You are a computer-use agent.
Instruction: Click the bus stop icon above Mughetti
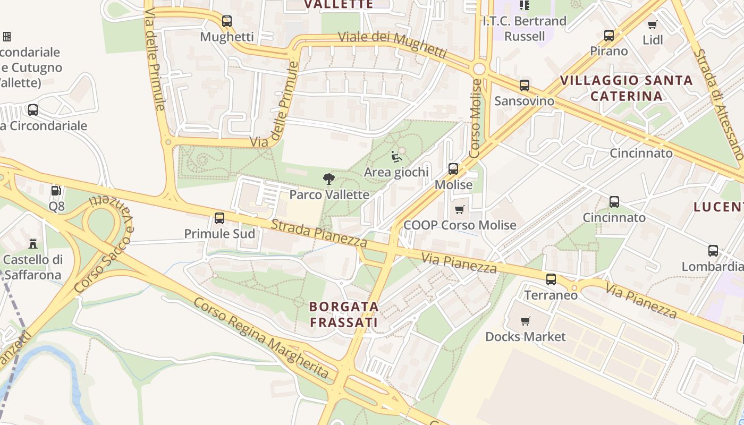tap(227, 21)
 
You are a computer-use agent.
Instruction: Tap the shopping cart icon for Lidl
tap(653, 24)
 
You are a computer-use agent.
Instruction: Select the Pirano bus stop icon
tap(609, 36)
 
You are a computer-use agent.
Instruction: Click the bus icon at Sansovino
tap(525, 86)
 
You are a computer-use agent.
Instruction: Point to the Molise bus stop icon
tap(453, 169)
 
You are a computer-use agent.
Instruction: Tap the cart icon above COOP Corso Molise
tap(460, 210)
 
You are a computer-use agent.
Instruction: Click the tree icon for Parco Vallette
tap(329, 179)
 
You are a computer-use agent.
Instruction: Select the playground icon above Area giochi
tap(396, 157)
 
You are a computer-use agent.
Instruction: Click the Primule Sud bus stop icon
tap(219, 218)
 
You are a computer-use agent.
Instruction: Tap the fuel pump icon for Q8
tap(56, 191)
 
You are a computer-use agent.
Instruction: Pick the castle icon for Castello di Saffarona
tap(33, 244)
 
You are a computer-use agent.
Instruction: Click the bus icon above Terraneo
tap(551, 279)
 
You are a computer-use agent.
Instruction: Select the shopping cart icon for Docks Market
tap(526, 321)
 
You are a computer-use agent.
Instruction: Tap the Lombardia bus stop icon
tap(713, 251)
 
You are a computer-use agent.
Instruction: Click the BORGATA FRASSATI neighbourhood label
tap(344, 314)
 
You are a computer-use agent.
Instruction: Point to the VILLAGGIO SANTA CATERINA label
tap(627, 88)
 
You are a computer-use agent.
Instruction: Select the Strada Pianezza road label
tap(319, 234)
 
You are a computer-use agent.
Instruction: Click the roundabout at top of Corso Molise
tap(479, 69)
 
